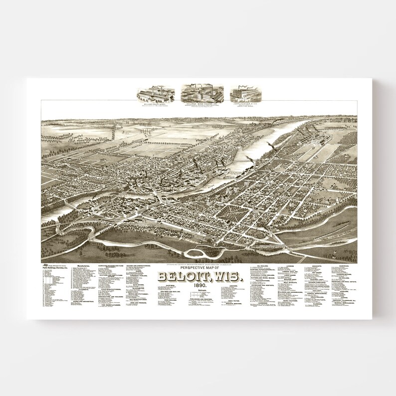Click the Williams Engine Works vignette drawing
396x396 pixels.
[x=157, y=91]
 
